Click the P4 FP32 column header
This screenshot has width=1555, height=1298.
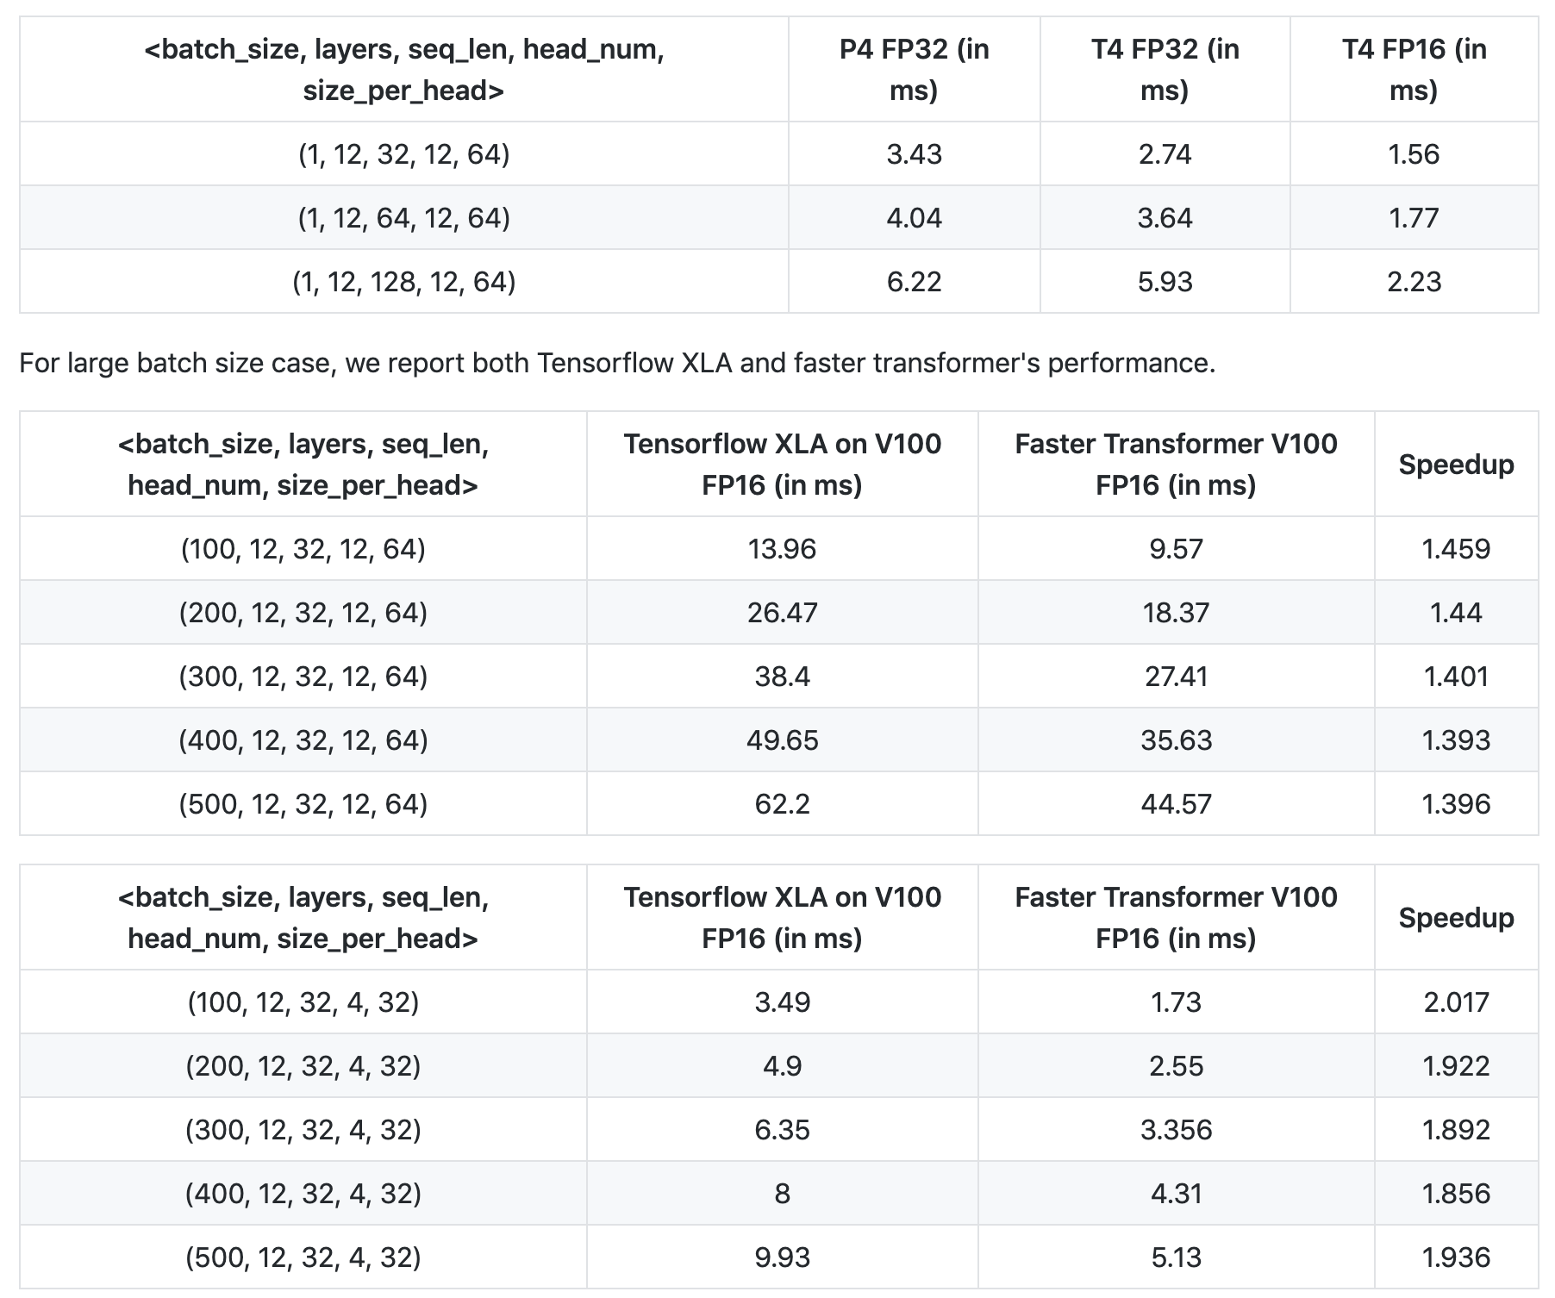[914, 70]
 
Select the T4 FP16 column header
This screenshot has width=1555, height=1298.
[1414, 70]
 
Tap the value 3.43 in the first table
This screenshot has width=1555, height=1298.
[914, 154]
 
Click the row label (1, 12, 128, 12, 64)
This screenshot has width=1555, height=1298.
[403, 282]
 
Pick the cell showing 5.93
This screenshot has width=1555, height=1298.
[1165, 282]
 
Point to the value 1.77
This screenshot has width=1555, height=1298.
[1414, 218]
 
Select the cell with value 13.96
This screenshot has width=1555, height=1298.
[782, 549]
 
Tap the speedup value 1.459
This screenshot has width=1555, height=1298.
[1456, 549]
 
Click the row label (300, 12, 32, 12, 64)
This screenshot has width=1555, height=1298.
[303, 677]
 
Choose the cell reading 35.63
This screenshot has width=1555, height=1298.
[1176, 740]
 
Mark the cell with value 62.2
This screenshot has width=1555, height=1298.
[782, 804]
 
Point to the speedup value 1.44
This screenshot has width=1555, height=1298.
[1456, 613]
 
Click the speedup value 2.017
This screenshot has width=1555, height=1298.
[1456, 1002]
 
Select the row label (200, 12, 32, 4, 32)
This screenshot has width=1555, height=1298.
[303, 1066]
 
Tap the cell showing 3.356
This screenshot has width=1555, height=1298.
[1176, 1130]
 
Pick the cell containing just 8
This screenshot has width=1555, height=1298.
[782, 1194]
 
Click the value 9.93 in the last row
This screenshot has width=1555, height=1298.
[782, 1257]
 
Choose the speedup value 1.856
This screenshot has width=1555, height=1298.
[1456, 1194]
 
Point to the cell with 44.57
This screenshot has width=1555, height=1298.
[1176, 804]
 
